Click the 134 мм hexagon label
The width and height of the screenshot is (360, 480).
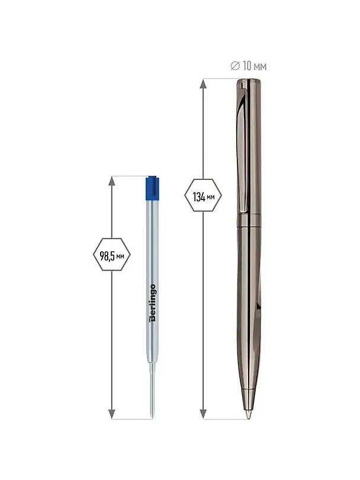pyautogui.click(x=203, y=195)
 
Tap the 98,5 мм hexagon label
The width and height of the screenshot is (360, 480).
pyautogui.click(x=112, y=255)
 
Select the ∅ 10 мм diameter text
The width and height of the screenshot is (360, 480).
pyautogui.click(x=249, y=66)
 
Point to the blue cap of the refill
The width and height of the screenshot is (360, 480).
pyautogui.click(x=152, y=188)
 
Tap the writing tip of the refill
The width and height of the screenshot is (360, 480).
pyautogui.click(x=152, y=415)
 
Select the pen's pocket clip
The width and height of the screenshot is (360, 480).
pyautogui.click(x=242, y=147)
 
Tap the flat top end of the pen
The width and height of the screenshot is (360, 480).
pyautogui.click(x=249, y=80)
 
